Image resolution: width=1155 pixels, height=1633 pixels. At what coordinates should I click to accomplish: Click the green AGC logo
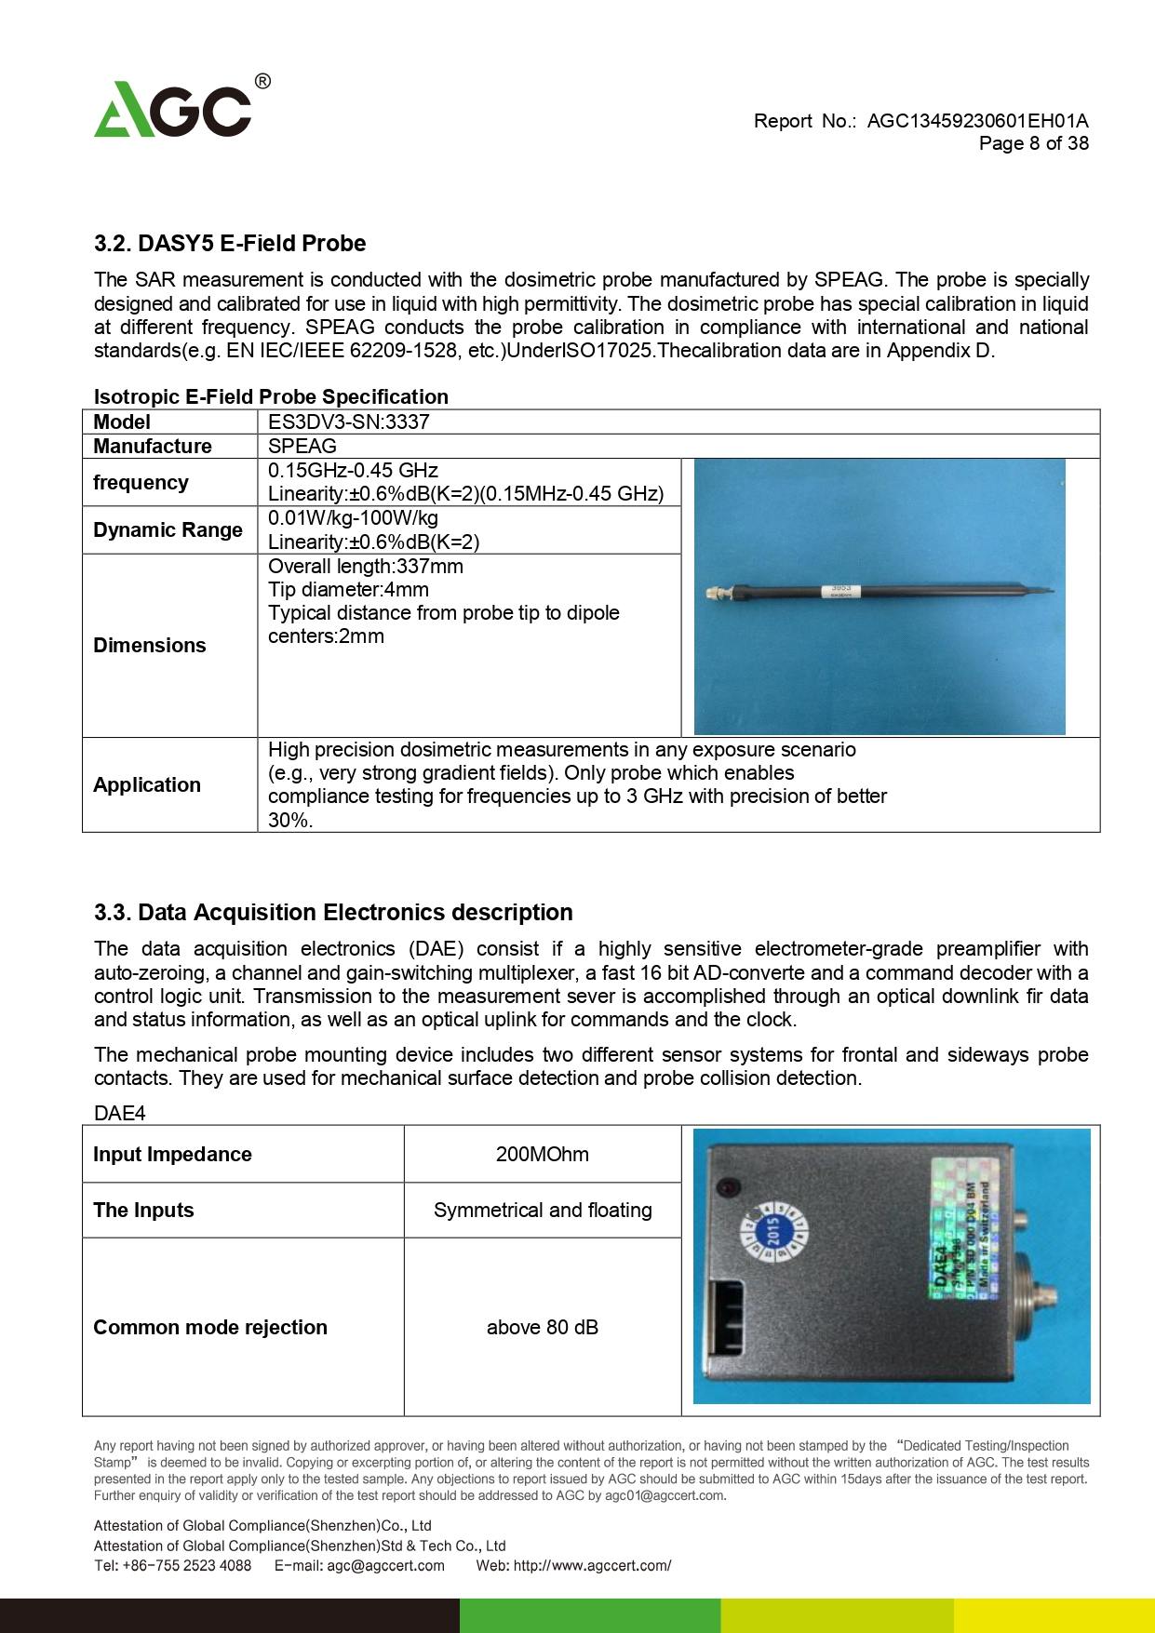click(x=174, y=110)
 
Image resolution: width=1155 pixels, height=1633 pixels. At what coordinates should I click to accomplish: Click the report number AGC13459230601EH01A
click(x=977, y=121)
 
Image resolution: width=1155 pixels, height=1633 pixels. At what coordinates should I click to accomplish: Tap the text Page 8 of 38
click(x=1033, y=143)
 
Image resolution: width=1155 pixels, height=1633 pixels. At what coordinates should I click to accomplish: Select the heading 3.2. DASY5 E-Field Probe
click(x=230, y=244)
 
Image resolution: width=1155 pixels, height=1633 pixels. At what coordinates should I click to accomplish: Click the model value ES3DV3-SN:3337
click(x=349, y=422)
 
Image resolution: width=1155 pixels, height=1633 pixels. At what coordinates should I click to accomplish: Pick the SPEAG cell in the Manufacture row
click(x=302, y=446)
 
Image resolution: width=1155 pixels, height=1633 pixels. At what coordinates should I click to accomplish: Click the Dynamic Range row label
click(x=168, y=529)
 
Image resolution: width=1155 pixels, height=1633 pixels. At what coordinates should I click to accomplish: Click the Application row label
click(x=147, y=784)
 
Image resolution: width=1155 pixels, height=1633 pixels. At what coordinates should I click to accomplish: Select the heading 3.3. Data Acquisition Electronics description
click(x=333, y=913)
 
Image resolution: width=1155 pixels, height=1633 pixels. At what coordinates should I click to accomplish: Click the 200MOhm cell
click(x=543, y=1155)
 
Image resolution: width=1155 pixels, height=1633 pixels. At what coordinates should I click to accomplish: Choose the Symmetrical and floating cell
click(x=543, y=1211)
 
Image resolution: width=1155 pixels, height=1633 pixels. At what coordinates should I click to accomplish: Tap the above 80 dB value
click(x=543, y=1328)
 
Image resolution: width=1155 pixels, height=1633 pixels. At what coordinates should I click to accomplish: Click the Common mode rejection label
click(x=210, y=1328)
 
